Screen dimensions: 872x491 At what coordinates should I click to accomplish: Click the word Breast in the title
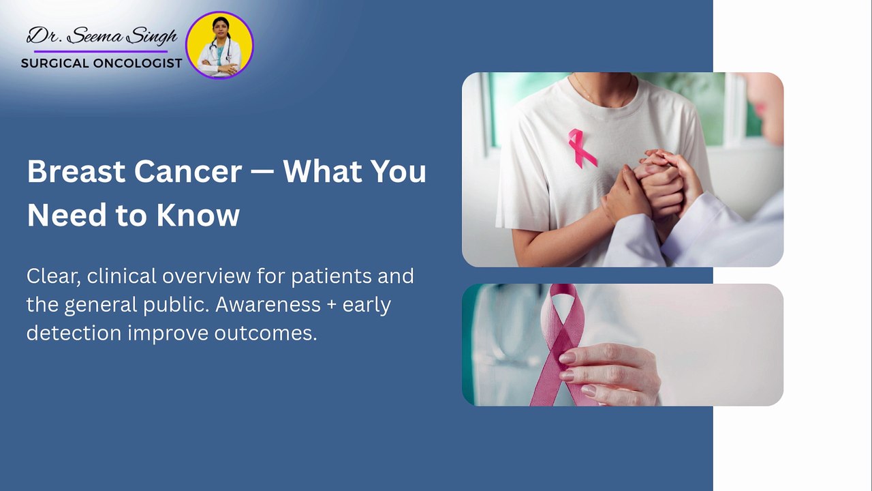tap(76, 171)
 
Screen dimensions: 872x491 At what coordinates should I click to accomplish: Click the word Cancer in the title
tap(188, 171)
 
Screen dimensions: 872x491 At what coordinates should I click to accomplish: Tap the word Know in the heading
tap(198, 215)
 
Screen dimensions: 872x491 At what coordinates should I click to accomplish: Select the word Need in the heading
tap(67, 215)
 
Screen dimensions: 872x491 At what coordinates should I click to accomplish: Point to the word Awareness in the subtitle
tap(268, 304)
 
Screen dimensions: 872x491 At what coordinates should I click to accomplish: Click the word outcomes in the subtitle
tap(266, 333)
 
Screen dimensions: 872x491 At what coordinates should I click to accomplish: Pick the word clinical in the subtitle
tap(121, 276)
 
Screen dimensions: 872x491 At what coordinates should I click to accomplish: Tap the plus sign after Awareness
tap(332, 305)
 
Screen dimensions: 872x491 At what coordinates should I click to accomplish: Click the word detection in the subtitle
tap(74, 333)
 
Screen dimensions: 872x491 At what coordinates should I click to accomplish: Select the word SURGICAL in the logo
tap(55, 63)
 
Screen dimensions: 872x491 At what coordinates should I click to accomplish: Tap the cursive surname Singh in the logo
tap(153, 38)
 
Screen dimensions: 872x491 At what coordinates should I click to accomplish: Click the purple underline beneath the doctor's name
tap(101, 51)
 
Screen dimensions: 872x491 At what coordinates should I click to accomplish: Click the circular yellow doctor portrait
tap(219, 45)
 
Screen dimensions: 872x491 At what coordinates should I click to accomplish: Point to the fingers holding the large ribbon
tap(609, 375)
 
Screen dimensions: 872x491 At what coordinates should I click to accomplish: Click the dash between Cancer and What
tap(262, 173)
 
